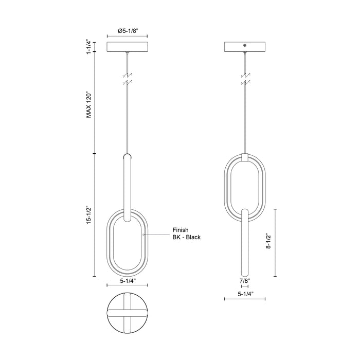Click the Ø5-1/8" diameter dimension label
127,31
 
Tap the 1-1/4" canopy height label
88,46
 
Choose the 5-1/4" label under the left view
127,281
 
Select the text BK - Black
186,238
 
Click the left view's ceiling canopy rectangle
127,47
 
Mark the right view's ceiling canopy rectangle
245,47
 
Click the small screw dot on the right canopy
245,46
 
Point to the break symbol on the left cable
127,78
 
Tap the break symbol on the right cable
245,78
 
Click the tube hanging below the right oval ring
245,242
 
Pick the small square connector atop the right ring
245,156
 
